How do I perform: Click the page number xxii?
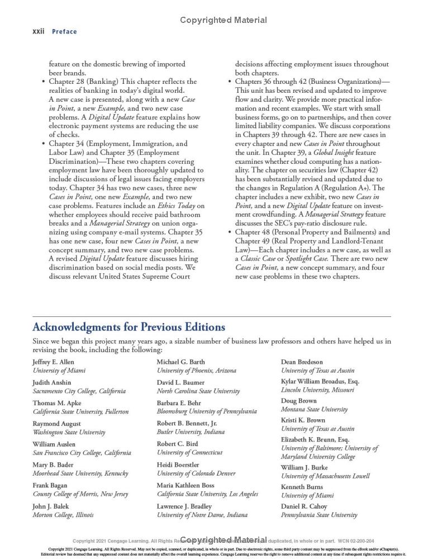tap(39, 31)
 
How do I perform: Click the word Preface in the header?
tap(64, 32)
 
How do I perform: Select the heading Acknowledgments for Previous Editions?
tap(129, 327)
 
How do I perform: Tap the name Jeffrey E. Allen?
tap(53, 362)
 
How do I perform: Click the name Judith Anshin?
tap(52, 383)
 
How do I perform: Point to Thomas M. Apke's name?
tap(57, 403)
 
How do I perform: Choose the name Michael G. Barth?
tap(180, 362)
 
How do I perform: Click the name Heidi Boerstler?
tap(178, 465)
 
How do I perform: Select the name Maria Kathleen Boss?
tap(186, 485)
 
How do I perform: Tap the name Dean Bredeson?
tap(302, 362)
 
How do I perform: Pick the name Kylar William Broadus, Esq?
tap(320, 381)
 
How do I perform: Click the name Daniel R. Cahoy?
tap(304, 506)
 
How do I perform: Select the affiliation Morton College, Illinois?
tap(63, 515)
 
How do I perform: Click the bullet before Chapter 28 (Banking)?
tap(44, 82)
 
